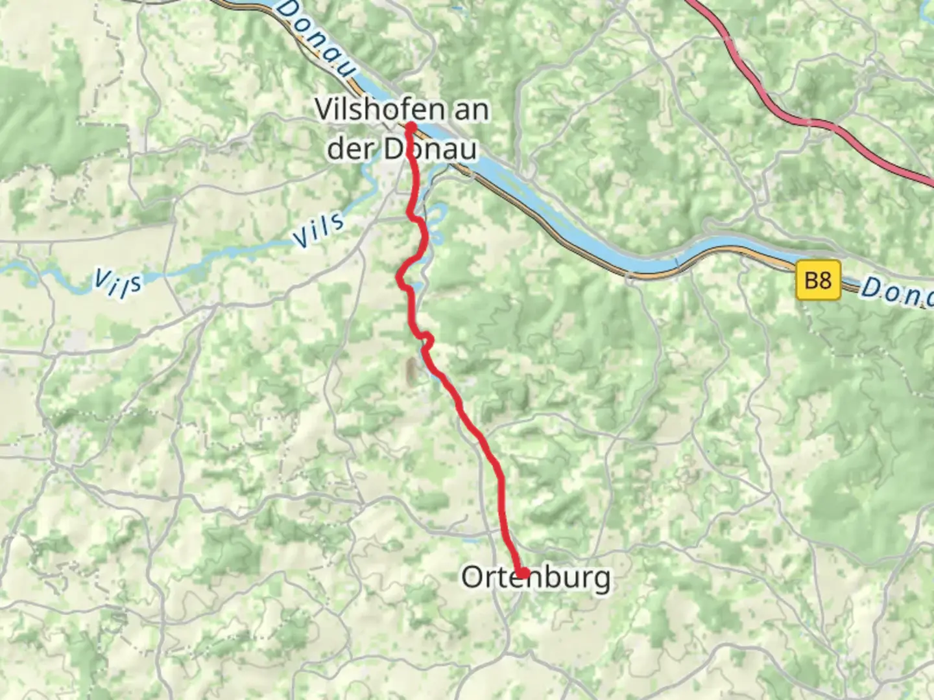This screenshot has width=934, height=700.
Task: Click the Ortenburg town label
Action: [536, 576]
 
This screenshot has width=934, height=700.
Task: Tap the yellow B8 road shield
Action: [817, 281]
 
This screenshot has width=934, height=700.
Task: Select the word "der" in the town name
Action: [350, 148]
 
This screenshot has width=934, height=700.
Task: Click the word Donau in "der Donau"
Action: [431, 148]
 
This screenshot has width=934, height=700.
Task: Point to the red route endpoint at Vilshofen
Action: [411, 126]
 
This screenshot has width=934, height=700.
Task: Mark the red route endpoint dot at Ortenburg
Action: [522, 572]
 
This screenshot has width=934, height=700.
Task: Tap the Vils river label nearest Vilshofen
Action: [318, 229]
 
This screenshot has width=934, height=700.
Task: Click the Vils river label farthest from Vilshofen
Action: [117, 283]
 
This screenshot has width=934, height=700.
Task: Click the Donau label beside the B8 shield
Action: [895, 292]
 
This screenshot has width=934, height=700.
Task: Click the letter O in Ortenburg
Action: [472, 576]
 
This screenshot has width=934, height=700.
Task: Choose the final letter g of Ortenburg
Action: [601, 579]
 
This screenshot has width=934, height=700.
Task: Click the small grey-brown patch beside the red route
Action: [411, 371]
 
